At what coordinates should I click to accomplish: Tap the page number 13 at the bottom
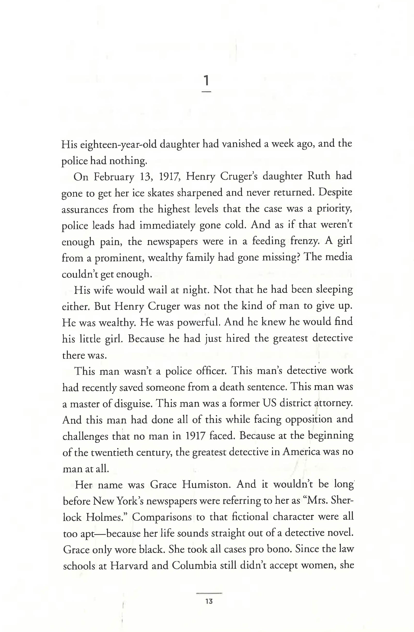(209, 602)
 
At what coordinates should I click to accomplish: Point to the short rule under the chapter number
(206, 92)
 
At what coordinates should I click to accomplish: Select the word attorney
(334, 403)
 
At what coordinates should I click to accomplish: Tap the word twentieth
(111, 453)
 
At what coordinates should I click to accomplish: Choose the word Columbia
(194, 566)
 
